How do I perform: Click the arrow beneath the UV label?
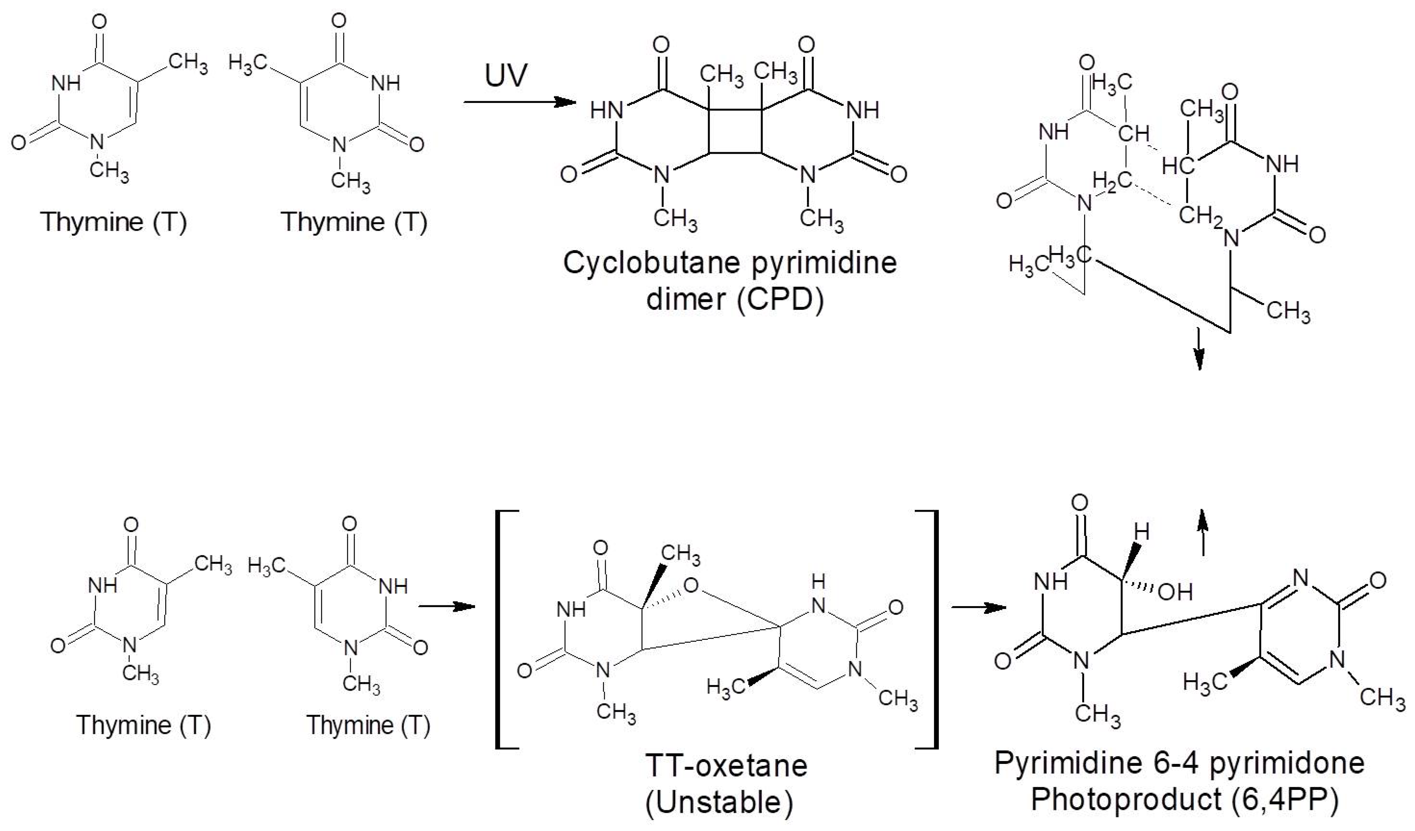519,102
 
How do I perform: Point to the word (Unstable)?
719,802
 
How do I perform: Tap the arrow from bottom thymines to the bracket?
446,606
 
